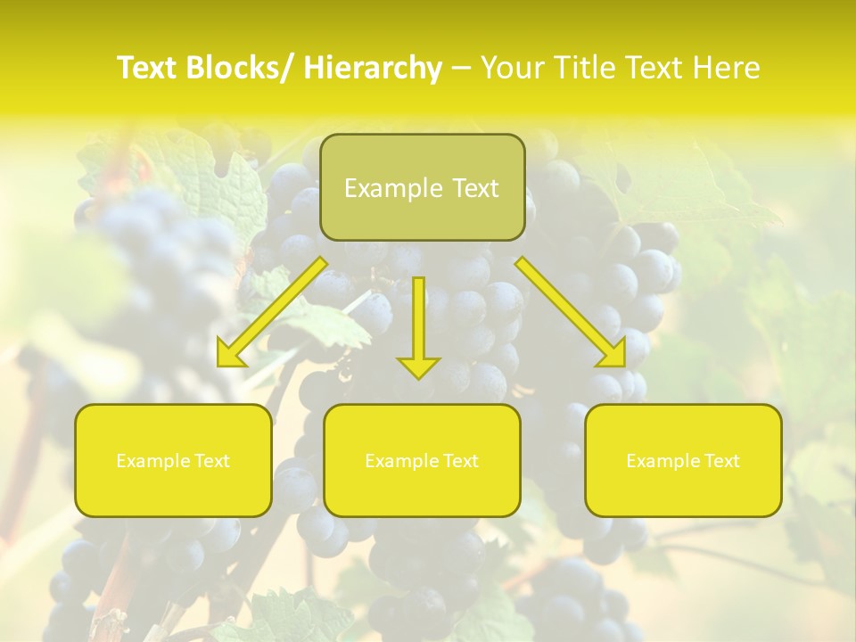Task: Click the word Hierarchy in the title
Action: click(x=373, y=68)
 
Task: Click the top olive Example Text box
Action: click(x=422, y=187)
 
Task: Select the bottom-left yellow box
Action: click(x=173, y=460)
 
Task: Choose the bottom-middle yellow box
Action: click(x=422, y=460)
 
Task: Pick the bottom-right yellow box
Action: click(x=683, y=460)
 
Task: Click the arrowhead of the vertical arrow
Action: click(x=419, y=366)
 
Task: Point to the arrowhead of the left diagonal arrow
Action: click(x=230, y=355)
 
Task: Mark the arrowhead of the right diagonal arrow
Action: click(x=613, y=355)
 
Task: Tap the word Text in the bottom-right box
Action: click(x=720, y=461)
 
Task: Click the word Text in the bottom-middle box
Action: click(x=459, y=461)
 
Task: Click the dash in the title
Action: click(x=461, y=68)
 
